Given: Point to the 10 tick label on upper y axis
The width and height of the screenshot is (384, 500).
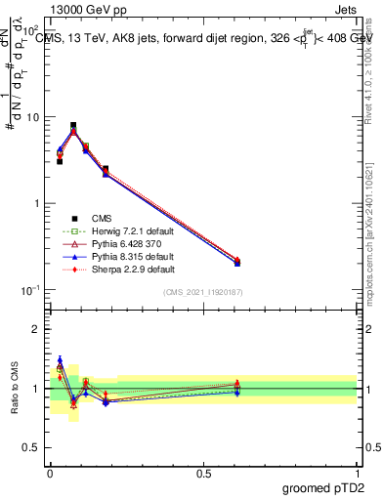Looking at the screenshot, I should click(x=31, y=117).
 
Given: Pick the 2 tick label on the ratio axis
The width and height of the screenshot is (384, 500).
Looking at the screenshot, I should click(x=37, y=329).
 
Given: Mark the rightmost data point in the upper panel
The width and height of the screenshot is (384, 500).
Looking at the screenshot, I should click(x=237, y=262).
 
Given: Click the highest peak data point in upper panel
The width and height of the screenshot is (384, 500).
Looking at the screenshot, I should click(x=73, y=126).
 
